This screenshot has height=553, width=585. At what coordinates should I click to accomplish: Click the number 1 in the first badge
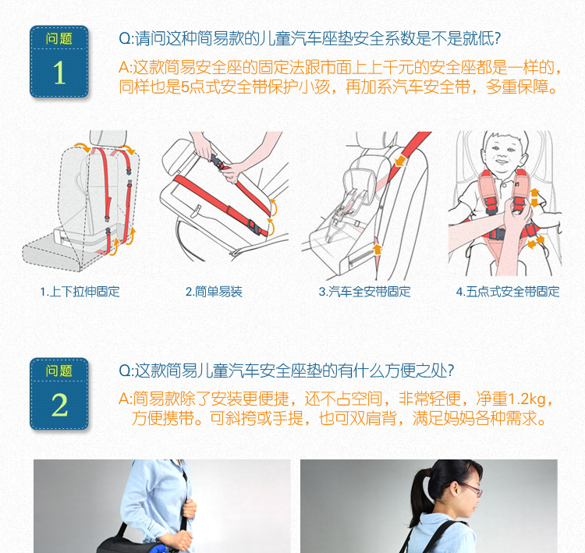(x=59, y=73)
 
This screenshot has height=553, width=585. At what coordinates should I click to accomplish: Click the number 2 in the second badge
(x=60, y=405)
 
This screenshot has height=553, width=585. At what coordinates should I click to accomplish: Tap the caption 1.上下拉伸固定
(x=80, y=292)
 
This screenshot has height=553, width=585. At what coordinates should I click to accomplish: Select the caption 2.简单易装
(x=214, y=292)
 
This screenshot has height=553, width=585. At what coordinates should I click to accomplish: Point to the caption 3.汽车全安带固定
(x=364, y=292)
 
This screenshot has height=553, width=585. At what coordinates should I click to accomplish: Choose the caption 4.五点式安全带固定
(x=508, y=292)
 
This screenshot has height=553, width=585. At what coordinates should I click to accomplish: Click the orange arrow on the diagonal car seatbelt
(x=400, y=161)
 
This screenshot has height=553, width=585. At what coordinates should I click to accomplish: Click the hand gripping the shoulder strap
(x=190, y=508)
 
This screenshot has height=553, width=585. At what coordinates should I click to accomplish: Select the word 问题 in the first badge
(x=59, y=38)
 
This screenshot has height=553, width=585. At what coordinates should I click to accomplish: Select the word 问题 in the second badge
(x=59, y=371)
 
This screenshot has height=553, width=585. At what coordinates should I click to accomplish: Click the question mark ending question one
(x=497, y=38)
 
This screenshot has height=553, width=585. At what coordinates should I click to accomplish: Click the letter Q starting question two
(x=124, y=371)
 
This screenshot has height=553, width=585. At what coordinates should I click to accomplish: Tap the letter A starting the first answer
(x=124, y=68)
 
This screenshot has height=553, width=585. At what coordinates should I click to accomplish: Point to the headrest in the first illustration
(x=108, y=138)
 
